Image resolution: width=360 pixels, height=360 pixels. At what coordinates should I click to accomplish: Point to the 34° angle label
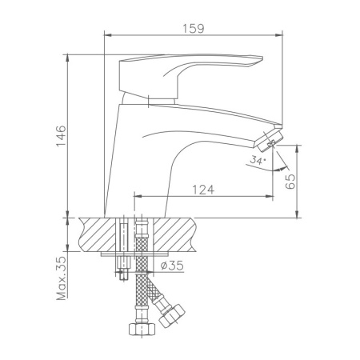point(256,161)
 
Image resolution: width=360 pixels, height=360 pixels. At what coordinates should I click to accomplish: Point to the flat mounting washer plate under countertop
point(132,256)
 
